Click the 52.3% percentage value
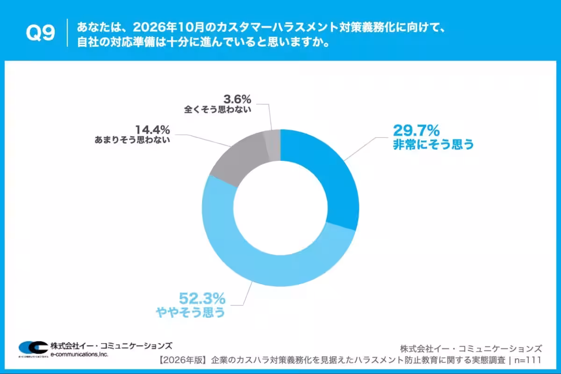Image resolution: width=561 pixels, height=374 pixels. [202, 298]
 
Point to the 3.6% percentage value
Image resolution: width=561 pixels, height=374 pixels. [237, 99]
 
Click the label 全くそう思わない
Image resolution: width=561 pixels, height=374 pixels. [218, 110]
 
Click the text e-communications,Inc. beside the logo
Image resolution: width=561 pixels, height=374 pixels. [79, 355]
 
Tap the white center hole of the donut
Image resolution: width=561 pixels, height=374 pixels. [280, 208]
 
